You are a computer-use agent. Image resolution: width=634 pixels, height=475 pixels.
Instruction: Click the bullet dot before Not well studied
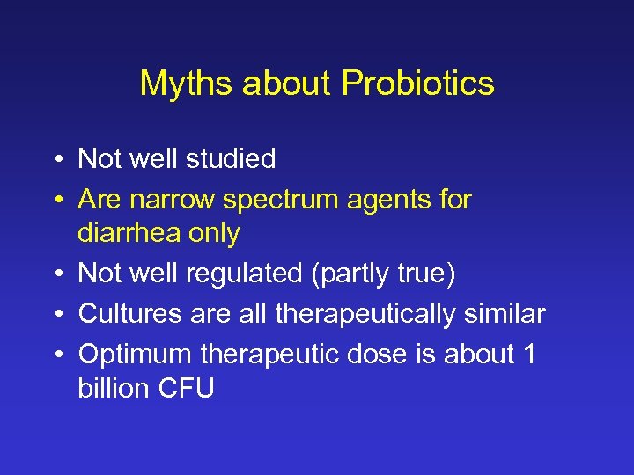[55, 160]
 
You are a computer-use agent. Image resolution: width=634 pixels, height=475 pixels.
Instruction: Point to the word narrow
[173, 200]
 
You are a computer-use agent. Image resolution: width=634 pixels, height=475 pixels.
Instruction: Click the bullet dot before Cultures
[55, 314]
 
